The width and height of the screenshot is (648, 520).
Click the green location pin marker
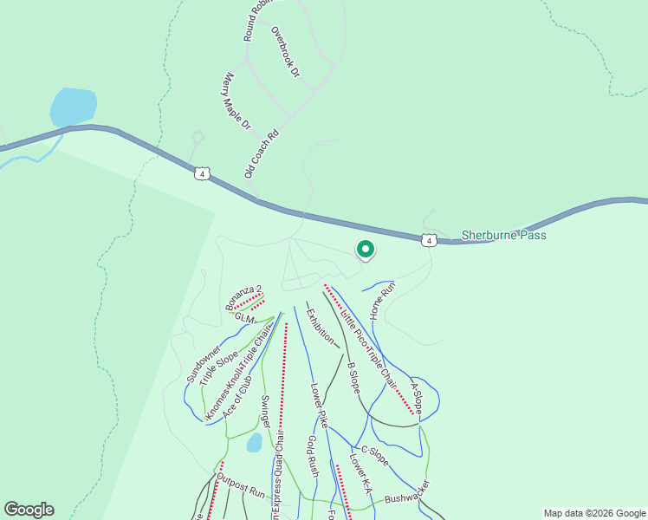366,250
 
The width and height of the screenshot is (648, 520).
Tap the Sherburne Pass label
503,235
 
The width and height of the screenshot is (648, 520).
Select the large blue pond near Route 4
72,107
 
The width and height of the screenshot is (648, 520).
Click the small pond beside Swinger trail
254,443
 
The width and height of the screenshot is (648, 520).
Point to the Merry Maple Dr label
236,101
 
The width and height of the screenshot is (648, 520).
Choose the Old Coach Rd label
262,154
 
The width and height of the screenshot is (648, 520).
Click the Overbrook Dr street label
284,52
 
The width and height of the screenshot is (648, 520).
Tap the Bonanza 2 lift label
243,296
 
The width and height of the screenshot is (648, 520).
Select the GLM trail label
244,319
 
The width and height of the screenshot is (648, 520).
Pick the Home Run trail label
382,299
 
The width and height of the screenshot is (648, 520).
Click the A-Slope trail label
416,397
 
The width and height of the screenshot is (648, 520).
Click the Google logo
29,510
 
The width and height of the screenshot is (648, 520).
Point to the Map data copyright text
594,513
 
